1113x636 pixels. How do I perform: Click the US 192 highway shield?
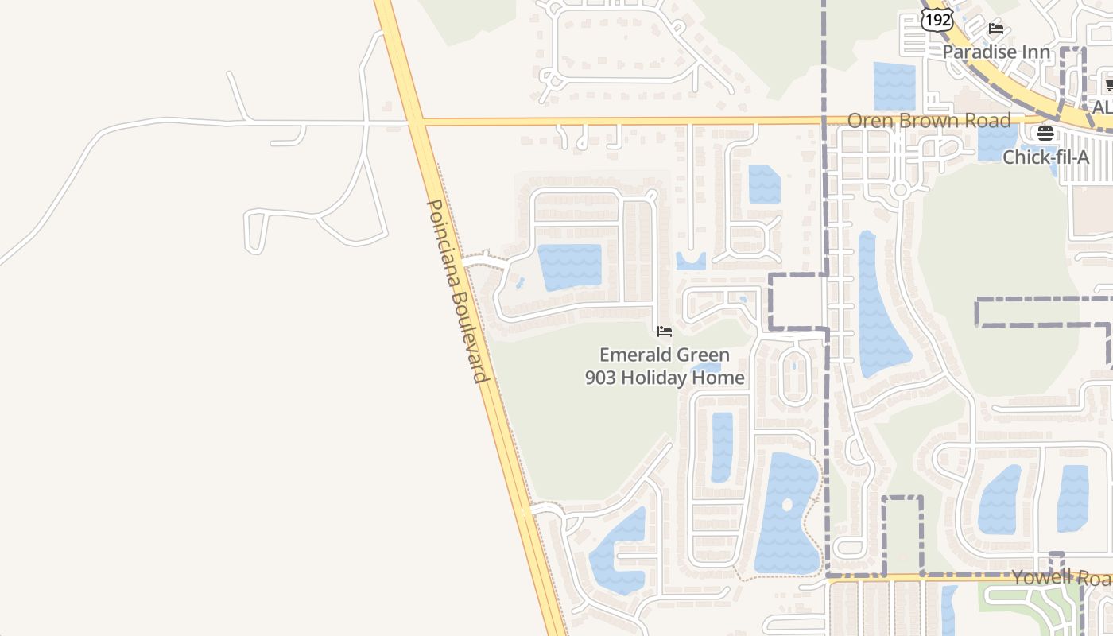pos(938,20)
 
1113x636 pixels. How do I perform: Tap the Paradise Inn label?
pos(996,52)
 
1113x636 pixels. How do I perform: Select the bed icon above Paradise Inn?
pos(996,29)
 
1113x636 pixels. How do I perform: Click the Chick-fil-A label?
pos(1045,157)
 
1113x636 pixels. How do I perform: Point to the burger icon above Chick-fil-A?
pos(1045,133)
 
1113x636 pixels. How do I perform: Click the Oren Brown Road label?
pos(929,121)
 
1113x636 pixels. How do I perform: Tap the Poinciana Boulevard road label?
pos(456,290)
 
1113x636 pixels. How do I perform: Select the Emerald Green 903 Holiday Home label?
pos(665,366)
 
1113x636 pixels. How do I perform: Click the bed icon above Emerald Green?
pos(665,331)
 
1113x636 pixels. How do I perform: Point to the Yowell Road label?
pos(1061,577)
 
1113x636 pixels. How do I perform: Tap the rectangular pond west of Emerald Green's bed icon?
pos(569,266)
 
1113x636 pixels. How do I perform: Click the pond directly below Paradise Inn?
pos(894,85)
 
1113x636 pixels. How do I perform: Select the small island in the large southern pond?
pos(787,505)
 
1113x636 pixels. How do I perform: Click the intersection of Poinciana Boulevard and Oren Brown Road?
pos(416,122)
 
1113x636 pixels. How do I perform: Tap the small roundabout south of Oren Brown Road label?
pos(900,190)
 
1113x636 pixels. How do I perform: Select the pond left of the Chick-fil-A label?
pos(995,143)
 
